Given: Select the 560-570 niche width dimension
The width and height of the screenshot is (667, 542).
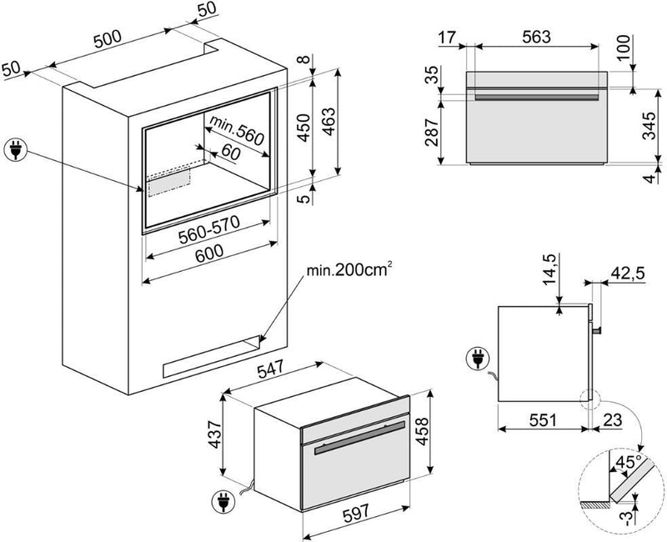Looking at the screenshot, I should pyautogui.click(x=208, y=236).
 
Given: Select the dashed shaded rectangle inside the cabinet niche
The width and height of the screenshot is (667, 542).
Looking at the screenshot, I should pyautogui.click(x=169, y=179).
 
